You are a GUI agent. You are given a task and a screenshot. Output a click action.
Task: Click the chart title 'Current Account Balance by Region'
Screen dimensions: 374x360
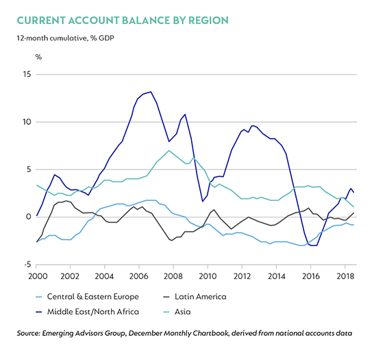click(123, 21)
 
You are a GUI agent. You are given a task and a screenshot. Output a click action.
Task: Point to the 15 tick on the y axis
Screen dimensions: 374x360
click(27, 74)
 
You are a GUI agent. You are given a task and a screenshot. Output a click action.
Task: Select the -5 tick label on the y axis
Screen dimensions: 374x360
click(27, 265)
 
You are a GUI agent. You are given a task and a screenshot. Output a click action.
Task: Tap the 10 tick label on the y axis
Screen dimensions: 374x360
click(27, 122)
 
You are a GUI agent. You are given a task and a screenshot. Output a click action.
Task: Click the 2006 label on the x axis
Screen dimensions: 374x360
click(139, 276)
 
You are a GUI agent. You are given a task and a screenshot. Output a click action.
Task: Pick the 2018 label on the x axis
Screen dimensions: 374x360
click(345, 276)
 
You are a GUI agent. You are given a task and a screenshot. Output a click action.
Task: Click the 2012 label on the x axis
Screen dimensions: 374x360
click(242, 276)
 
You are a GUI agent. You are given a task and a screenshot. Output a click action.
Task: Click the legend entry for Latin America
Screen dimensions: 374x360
click(195, 297)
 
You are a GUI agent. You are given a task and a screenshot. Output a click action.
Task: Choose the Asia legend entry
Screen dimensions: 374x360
click(177, 312)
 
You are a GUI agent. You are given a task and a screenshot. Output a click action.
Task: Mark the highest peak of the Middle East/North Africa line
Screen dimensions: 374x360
click(151, 92)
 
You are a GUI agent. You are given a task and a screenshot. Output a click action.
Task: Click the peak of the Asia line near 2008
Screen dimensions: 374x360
click(169, 150)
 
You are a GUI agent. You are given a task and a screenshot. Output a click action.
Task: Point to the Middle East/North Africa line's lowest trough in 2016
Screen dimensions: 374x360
click(314, 245)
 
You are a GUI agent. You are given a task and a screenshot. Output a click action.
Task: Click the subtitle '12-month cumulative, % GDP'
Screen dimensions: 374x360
click(65, 38)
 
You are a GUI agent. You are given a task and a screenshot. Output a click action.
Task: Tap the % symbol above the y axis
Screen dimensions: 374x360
click(38, 57)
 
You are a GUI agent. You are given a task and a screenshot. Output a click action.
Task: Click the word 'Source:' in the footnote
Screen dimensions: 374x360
click(28, 333)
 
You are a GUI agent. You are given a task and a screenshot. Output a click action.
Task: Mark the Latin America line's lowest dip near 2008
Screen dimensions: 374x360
click(171, 241)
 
